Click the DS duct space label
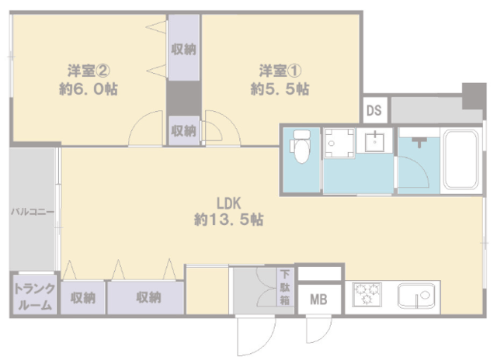(x=374, y=110)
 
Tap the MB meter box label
(x=318, y=299)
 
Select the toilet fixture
(x=301, y=147)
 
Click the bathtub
(x=461, y=160)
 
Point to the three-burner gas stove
(x=367, y=294)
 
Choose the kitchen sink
(x=416, y=296)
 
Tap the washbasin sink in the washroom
(x=374, y=140)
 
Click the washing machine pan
(x=339, y=143)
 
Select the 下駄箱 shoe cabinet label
(x=285, y=287)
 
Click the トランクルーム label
(x=34, y=296)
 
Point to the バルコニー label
(x=33, y=212)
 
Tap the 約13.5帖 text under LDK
(x=228, y=220)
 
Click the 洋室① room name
(x=280, y=71)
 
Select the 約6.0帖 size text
(x=89, y=89)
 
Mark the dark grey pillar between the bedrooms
(x=184, y=99)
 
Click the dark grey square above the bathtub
(x=474, y=96)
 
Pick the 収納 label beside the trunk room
(x=83, y=298)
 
